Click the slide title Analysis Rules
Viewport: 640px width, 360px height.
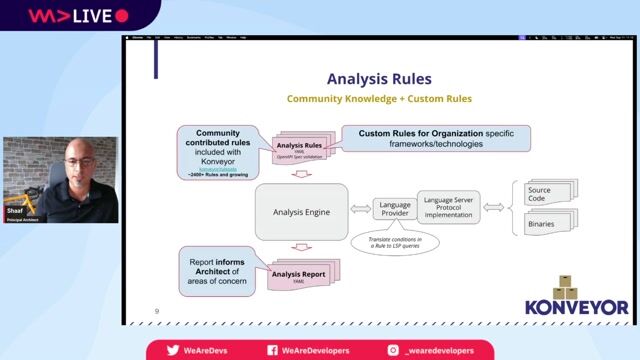point(379,79)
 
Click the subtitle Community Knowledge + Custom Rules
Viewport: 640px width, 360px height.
point(379,99)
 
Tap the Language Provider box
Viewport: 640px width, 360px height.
point(395,209)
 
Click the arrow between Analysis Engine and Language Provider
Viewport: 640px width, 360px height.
point(360,211)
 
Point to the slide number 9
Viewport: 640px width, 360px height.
point(157,311)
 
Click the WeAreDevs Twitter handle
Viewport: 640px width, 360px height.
point(200,350)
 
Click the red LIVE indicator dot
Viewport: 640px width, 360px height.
point(122,16)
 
